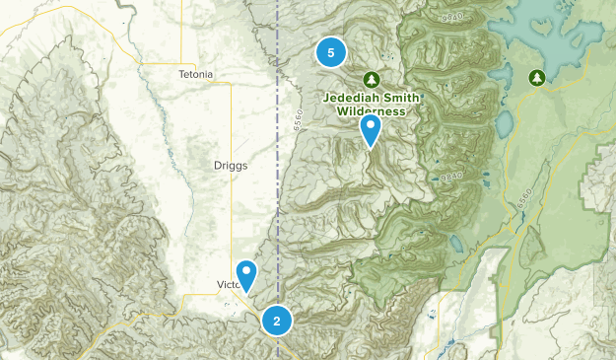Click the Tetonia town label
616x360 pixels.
click(196, 74)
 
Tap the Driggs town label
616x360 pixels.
click(231, 166)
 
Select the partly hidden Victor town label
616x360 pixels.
click(227, 285)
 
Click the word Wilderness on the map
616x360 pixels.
click(371, 111)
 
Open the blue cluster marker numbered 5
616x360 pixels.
click(330, 52)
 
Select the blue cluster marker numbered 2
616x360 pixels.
click(277, 321)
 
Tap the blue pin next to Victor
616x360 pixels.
click(246, 273)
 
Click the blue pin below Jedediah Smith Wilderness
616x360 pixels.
click(371, 129)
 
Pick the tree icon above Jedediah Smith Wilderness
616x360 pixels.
click(372, 78)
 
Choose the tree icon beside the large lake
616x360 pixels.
click(536, 76)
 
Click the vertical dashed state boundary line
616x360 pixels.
click(278, 197)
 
